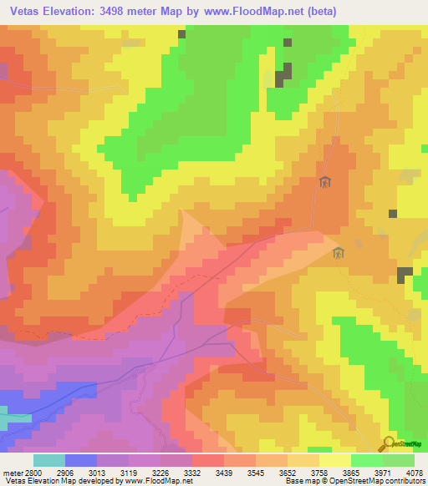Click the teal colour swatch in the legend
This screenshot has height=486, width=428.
tap(49, 460)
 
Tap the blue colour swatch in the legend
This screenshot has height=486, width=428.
tap(81, 460)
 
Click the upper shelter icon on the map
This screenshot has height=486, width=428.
tap(325, 182)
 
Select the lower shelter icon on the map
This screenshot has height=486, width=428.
tap(339, 252)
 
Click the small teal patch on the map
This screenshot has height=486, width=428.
tap(12, 417)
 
